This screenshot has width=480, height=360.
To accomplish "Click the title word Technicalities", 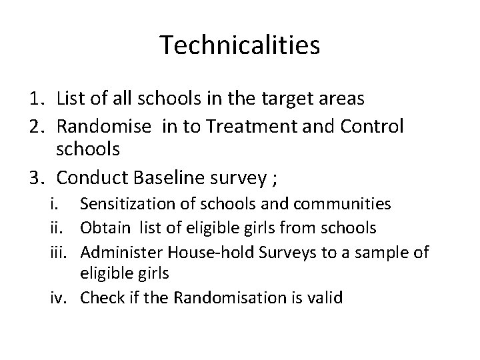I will coord(240,45).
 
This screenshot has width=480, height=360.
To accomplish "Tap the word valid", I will coord(325,297).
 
